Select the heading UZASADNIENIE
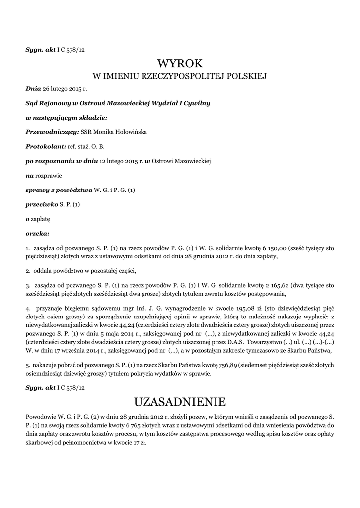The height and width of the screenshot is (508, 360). tap(180, 401)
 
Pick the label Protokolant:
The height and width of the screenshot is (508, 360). tap(46, 147)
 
